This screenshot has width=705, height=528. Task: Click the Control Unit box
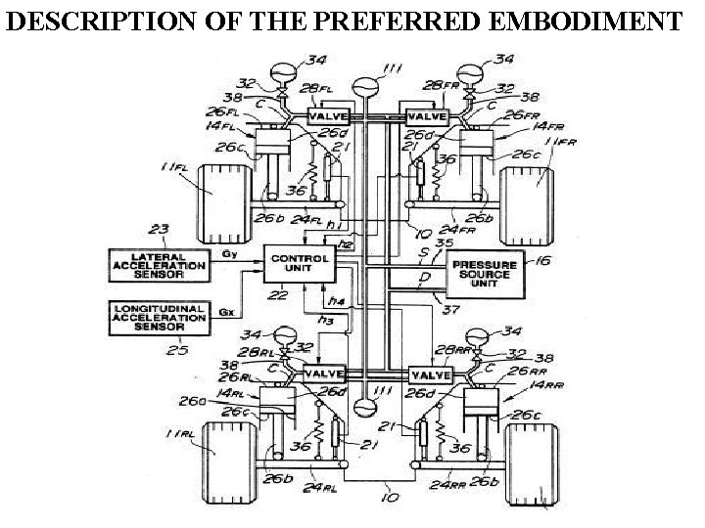tap(300, 263)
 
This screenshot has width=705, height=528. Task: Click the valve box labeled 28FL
tap(329, 116)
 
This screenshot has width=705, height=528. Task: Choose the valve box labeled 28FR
tap(428, 116)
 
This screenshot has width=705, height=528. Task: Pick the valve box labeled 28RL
tap(326, 374)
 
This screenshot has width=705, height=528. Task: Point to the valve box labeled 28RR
tap(428, 374)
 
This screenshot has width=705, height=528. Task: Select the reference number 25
tap(176, 349)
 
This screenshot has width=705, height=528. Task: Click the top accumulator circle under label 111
tap(368, 90)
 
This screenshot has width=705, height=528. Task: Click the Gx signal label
tap(225, 314)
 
